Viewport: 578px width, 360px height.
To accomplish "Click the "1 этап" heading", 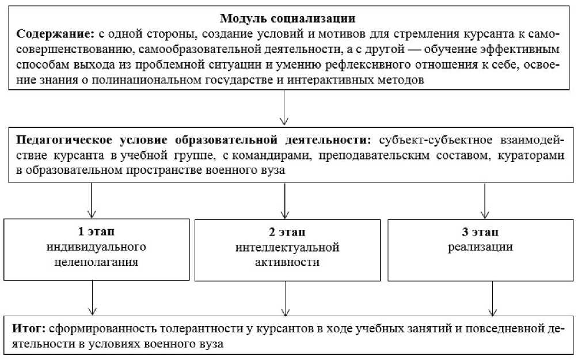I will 96,232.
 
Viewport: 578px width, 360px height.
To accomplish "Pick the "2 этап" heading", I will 287,232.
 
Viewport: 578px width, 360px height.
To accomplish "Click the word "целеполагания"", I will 96,262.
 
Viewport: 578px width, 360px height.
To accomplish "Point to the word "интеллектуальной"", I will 287,247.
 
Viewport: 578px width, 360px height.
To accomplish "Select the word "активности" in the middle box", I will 287,262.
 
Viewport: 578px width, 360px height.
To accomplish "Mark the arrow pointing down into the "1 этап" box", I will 92,202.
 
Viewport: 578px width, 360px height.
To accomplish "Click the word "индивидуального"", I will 96,247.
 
